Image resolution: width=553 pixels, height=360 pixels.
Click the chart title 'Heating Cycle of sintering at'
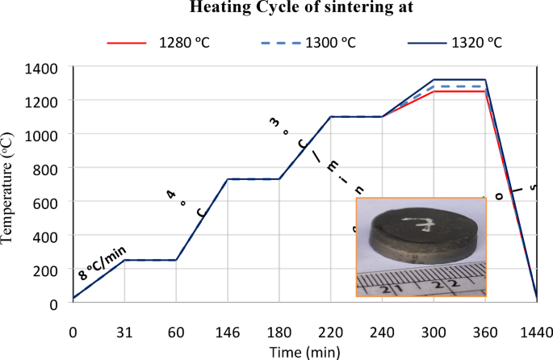point(277,9)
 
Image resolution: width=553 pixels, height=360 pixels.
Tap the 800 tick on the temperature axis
point(47,168)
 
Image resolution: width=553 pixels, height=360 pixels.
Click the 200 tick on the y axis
point(47,270)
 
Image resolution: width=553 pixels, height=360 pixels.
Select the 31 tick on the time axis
point(124,333)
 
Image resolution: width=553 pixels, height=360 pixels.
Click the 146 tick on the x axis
point(227,333)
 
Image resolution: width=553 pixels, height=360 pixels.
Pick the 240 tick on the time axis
point(382,333)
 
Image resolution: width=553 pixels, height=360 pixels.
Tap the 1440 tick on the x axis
point(537,333)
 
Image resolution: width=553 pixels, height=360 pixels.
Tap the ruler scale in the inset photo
point(420,283)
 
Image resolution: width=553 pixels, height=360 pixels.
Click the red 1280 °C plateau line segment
point(459,92)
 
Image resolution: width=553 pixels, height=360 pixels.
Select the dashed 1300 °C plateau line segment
point(459,86)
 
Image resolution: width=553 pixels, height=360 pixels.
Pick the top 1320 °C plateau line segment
point(459,79)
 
